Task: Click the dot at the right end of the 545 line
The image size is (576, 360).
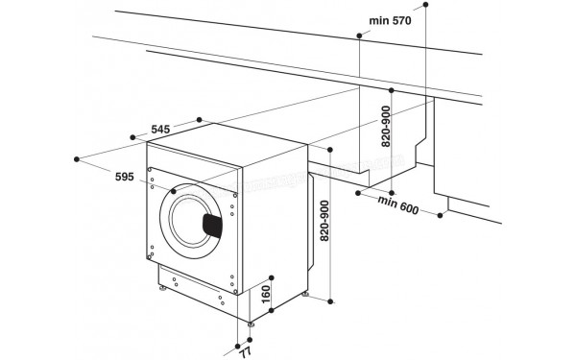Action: [200, 119]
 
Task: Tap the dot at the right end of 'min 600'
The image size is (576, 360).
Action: [444, 215]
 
